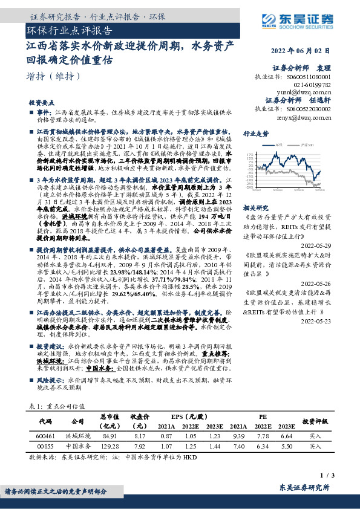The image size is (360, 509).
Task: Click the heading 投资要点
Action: [x=42, y=103]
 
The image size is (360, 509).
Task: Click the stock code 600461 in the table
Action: [x=47, y=436]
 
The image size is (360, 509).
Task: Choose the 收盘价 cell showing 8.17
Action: [x=140, y=436]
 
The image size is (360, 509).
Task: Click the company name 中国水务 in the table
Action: [x=77, y=447]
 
